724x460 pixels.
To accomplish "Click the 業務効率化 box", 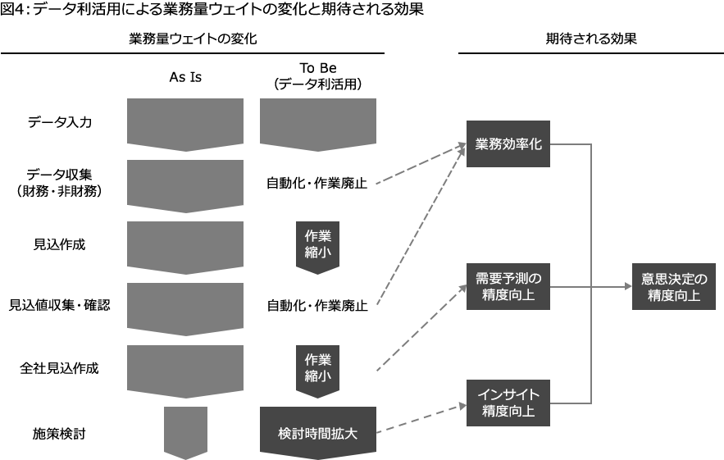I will (x=508, y=143).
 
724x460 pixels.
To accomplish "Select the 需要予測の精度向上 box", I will (x=508, y=286).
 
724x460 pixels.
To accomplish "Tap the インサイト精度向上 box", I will (x=508, y=403).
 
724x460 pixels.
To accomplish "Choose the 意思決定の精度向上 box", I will (x=673, y=286).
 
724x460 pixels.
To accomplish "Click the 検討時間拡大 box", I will (x=317, y=433).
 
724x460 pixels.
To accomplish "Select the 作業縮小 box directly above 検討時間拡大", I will (x=317, y=368).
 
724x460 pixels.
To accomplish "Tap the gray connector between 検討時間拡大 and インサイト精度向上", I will (x=421, y=418).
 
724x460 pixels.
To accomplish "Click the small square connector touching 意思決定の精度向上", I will (x=627, y=286).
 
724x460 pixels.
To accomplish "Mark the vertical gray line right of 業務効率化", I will (x=590, y=213).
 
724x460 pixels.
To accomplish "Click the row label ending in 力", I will (x=59, y=123).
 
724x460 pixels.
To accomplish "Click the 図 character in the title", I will (x=7, y=10).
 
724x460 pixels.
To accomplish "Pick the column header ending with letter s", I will (x=185, y=77).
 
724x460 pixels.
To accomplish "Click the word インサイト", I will (x=508, y=395).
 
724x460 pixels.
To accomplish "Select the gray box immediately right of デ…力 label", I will (x=185, y=125).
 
